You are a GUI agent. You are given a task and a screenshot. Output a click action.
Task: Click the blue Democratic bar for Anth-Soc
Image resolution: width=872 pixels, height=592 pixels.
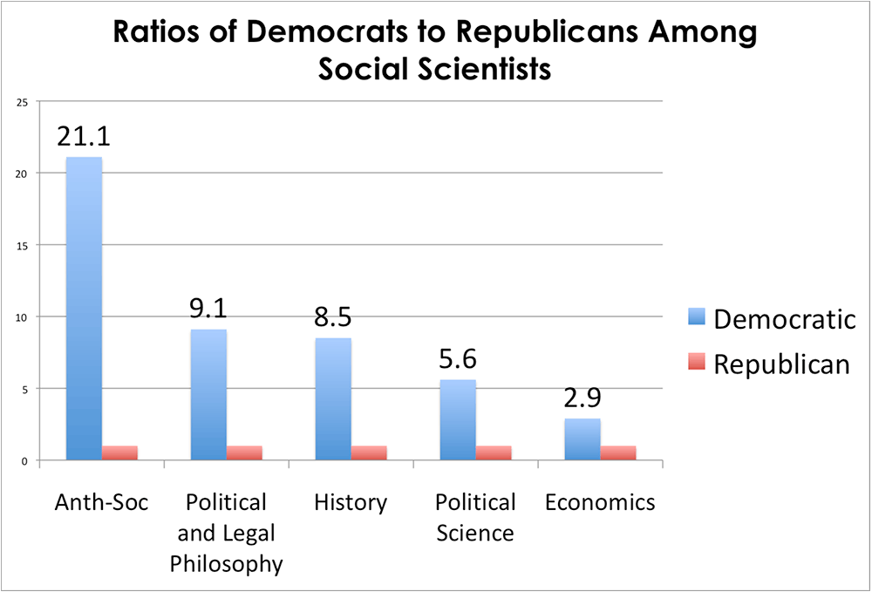(84, 310)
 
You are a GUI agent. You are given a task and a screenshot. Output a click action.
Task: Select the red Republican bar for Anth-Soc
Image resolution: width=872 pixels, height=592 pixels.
(119, 453)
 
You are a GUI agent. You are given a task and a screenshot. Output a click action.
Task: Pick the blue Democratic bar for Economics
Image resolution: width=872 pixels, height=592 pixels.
(582, 439)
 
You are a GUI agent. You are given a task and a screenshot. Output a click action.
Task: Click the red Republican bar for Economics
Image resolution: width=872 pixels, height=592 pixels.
(618, 453)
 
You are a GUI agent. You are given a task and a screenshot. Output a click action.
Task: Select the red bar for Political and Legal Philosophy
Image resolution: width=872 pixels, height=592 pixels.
(244, 453)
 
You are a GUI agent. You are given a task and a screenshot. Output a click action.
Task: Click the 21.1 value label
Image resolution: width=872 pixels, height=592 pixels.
(84, 136)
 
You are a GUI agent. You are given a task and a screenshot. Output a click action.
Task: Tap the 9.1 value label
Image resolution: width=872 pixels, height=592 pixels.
(208, 309)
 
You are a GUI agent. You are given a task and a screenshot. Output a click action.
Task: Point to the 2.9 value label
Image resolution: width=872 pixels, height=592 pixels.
(582, 398)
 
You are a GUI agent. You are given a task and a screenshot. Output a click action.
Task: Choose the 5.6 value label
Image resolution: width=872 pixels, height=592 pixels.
(458, 359)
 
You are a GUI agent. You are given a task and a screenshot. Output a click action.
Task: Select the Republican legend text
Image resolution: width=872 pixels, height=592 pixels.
(781, 364)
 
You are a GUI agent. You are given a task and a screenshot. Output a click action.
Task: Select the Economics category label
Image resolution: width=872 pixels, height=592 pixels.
(600, 503)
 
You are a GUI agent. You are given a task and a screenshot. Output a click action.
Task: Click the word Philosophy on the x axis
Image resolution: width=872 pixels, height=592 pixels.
(227, 563)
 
